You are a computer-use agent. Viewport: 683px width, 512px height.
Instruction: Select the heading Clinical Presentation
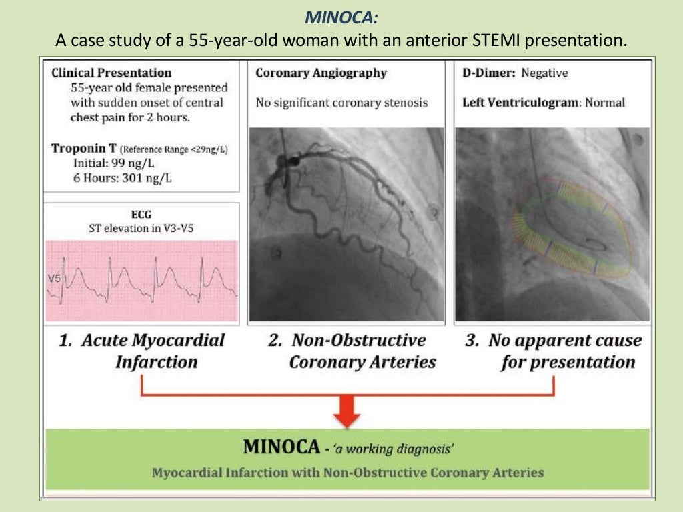(111, 73)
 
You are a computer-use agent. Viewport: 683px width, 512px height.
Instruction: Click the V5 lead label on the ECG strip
(54, 279)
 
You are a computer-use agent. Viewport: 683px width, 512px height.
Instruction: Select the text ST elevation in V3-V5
(142, 228)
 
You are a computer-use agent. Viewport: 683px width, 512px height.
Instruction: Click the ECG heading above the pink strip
(141, 215)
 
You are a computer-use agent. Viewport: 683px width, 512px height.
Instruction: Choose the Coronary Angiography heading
(321, 73)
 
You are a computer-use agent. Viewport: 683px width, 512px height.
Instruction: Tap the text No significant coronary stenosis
(341, 103)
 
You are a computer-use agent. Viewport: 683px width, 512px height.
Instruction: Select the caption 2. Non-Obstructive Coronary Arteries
(352, 351)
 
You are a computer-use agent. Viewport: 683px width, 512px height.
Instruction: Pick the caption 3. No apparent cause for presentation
(554, 351)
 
